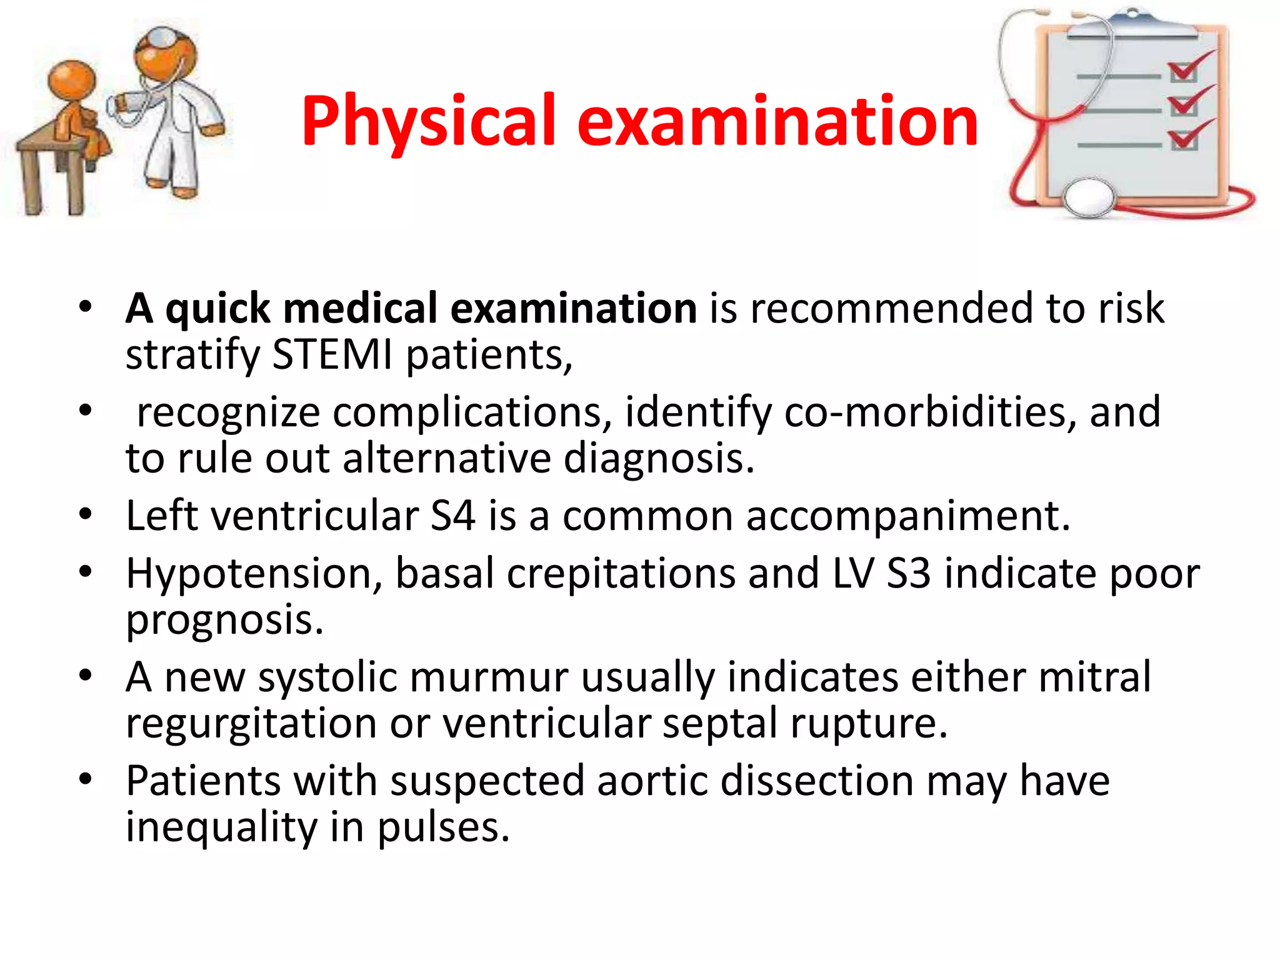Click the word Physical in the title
click(428, 122)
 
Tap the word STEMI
click(332, 355)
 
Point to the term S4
click(452, 516)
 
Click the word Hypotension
click(254, 574)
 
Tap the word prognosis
click(224, 620)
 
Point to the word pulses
click(444, 827)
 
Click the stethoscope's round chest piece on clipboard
click(1089, 197)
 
